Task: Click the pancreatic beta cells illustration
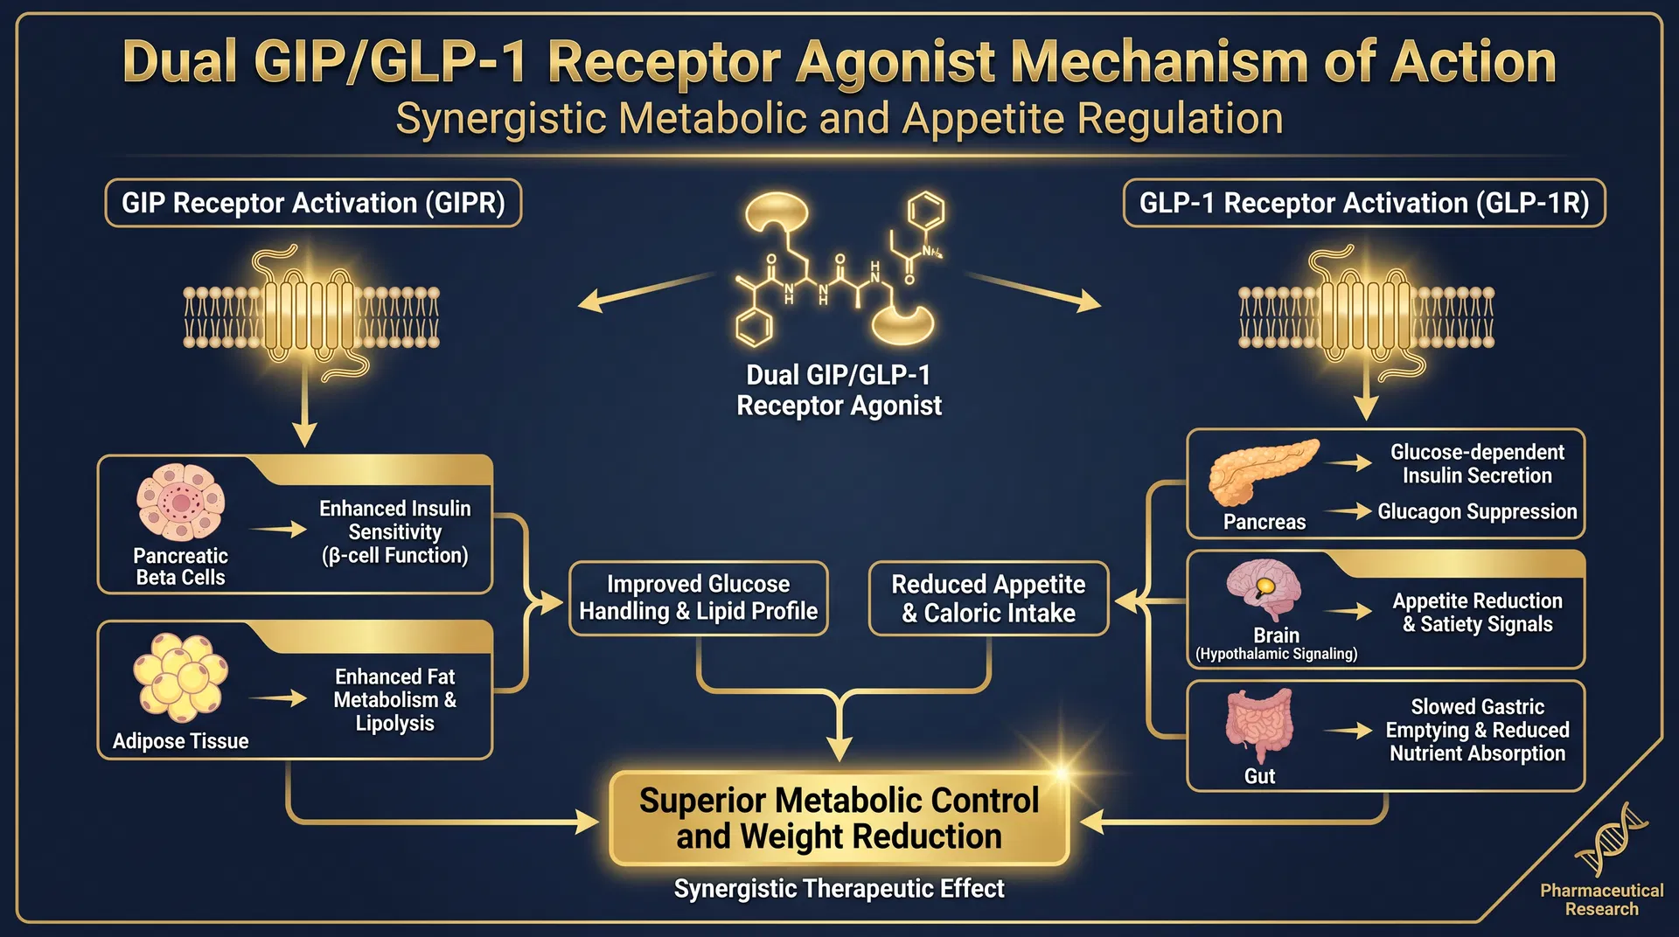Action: pos(180,502)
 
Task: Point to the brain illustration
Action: pos(1264,590)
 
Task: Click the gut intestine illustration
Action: pos(1259,725)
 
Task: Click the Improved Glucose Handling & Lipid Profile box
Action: pos(698,598)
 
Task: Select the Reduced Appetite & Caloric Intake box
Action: pos(988,598)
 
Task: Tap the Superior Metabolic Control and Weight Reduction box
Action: pos(839,818)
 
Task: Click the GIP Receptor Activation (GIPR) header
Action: pos(313,203)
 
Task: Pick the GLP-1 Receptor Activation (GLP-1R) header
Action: pos(1363,203)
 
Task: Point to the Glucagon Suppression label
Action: pos(1477,511)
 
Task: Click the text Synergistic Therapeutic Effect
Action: pos(839,889)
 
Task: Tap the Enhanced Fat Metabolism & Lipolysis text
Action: pos(394,699)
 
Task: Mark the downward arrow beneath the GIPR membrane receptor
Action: pos(304,411)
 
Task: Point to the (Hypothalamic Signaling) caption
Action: pos(1276,654)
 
